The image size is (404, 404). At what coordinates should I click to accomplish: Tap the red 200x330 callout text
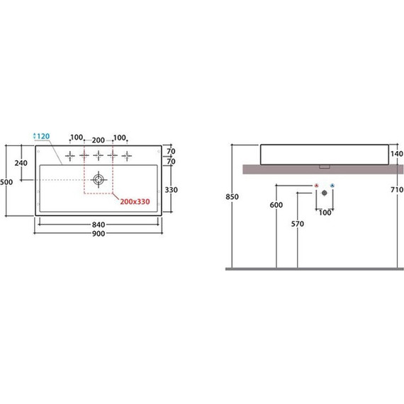135,201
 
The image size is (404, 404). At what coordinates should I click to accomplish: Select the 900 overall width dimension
99,234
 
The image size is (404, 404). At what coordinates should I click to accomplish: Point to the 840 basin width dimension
99,225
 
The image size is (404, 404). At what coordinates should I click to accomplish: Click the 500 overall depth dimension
6,182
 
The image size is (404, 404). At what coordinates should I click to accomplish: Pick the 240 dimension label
21,163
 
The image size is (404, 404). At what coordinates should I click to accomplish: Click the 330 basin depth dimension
171,190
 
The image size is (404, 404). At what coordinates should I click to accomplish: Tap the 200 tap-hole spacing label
99,140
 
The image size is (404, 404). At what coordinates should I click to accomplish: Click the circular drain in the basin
99,179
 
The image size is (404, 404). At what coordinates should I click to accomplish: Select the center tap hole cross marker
99,155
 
